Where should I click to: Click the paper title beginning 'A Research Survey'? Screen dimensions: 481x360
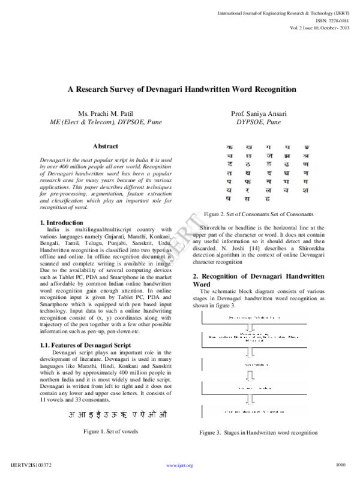click(181, 89)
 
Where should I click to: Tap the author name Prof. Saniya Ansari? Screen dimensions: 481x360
click(258, 113)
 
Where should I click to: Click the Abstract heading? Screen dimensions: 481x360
click(105, 146)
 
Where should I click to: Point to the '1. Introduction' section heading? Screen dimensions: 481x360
click(62, 223)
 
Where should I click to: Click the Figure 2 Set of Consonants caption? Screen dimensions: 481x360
click(259, 214)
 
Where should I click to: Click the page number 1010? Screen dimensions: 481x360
click(341, 464)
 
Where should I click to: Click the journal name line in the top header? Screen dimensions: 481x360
click(288, 11)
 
